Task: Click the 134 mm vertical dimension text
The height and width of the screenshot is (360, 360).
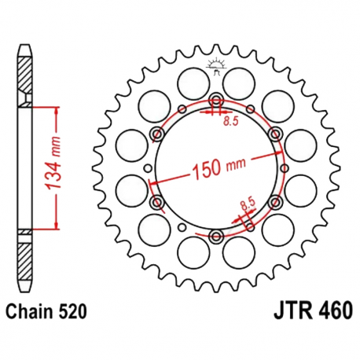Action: click(53, 163)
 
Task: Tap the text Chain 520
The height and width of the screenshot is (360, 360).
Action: click(46, 312)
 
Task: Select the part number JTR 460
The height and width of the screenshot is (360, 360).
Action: click(314, 310)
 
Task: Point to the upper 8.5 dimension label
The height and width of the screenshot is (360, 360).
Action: click(231, 121)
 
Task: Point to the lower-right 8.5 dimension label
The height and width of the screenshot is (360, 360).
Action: click(248, 204)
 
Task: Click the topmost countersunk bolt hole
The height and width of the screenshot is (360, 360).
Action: click(216, 100)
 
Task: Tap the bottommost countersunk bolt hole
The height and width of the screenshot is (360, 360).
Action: click(216, 236)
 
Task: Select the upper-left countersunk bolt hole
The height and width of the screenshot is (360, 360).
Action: click(157, 134)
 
